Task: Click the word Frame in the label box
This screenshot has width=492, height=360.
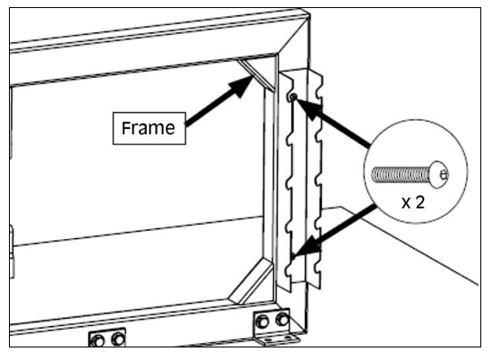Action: (x=148, y=128)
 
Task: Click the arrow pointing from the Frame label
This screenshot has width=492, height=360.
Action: (x=220, y=100)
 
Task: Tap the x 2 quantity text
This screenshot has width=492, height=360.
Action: (x=413, y=202)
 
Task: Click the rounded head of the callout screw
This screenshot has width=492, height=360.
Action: (x=439, y=175)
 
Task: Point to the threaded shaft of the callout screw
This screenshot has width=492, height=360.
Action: (x=401, y=175)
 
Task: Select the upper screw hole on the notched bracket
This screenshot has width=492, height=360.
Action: (x=293, y=98)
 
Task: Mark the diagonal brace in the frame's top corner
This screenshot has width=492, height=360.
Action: (x=256, y=75)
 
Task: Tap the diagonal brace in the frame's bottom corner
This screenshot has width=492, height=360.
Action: (x=251, y=281)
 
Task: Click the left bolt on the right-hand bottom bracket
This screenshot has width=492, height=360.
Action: (x=262, y=321)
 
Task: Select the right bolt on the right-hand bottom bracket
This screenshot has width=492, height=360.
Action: (x=282, y=320)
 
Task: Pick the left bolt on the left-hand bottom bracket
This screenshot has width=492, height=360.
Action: (x=98, y=340)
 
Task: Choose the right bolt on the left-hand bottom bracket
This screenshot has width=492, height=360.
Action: (x=118, y=339)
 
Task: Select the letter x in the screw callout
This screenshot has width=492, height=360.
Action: (x=406, y=204)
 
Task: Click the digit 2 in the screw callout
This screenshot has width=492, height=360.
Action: (x=419, y=202)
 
